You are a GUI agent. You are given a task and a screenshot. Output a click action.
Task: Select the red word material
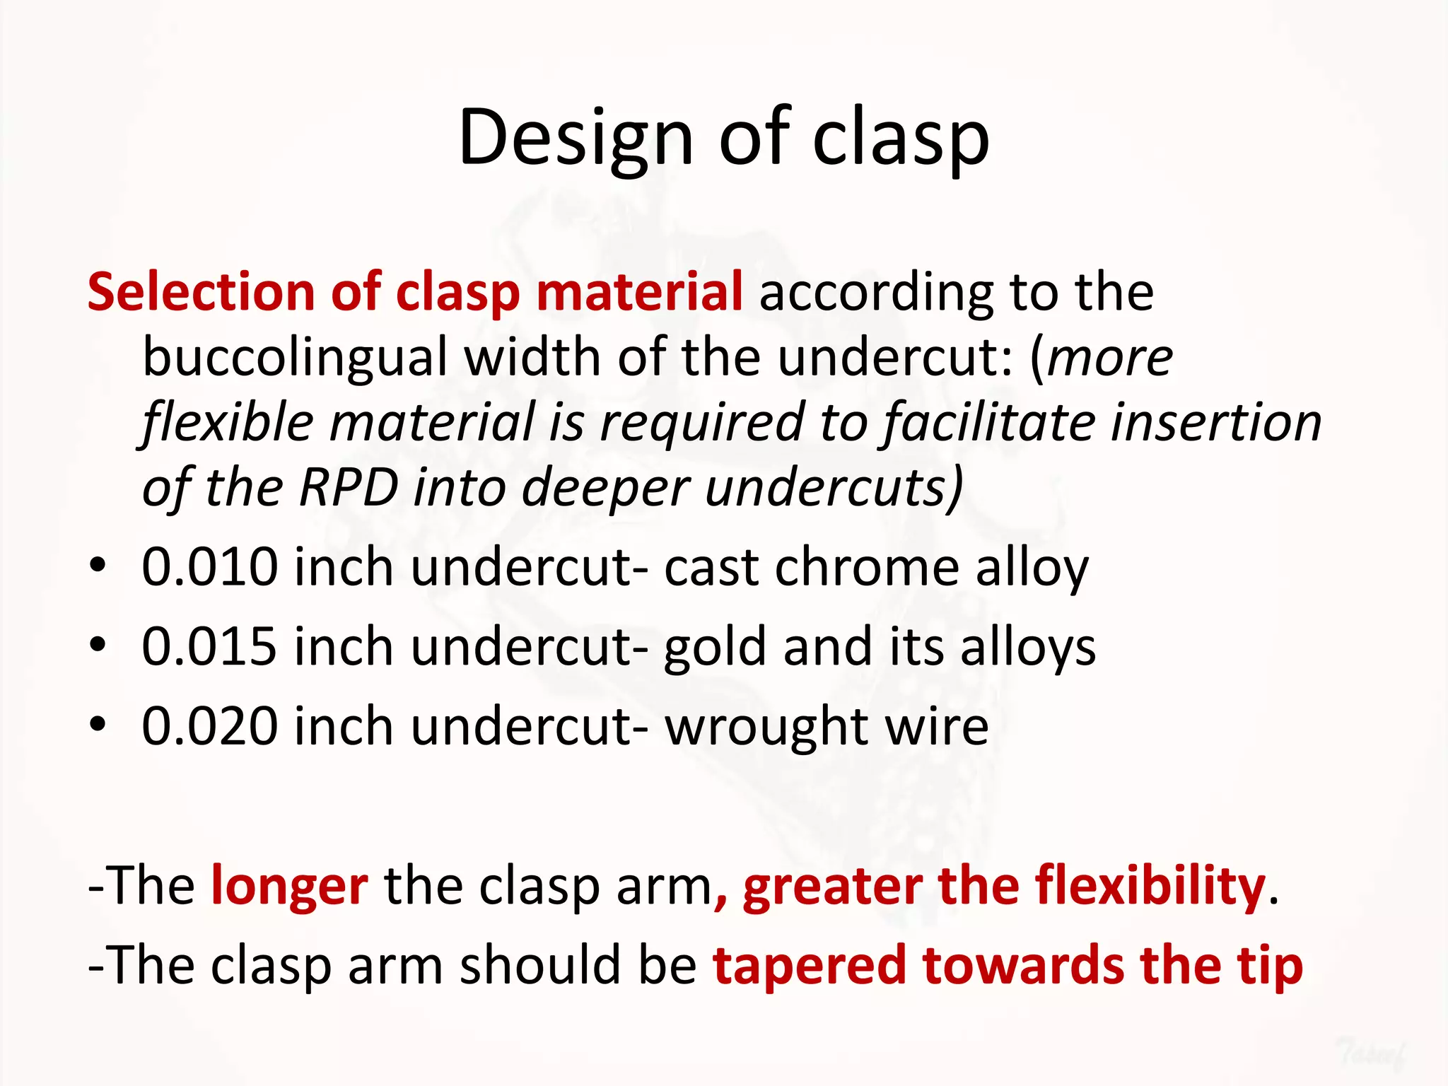[639, 292]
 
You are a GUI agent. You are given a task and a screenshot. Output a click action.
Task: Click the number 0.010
[209, 567]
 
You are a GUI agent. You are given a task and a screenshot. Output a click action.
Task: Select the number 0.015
[209, 646]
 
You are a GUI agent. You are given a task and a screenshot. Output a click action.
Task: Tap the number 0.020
[209, 726]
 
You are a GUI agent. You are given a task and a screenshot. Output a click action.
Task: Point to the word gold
[715, 646]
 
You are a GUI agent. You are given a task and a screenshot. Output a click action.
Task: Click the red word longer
[289, 887]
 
